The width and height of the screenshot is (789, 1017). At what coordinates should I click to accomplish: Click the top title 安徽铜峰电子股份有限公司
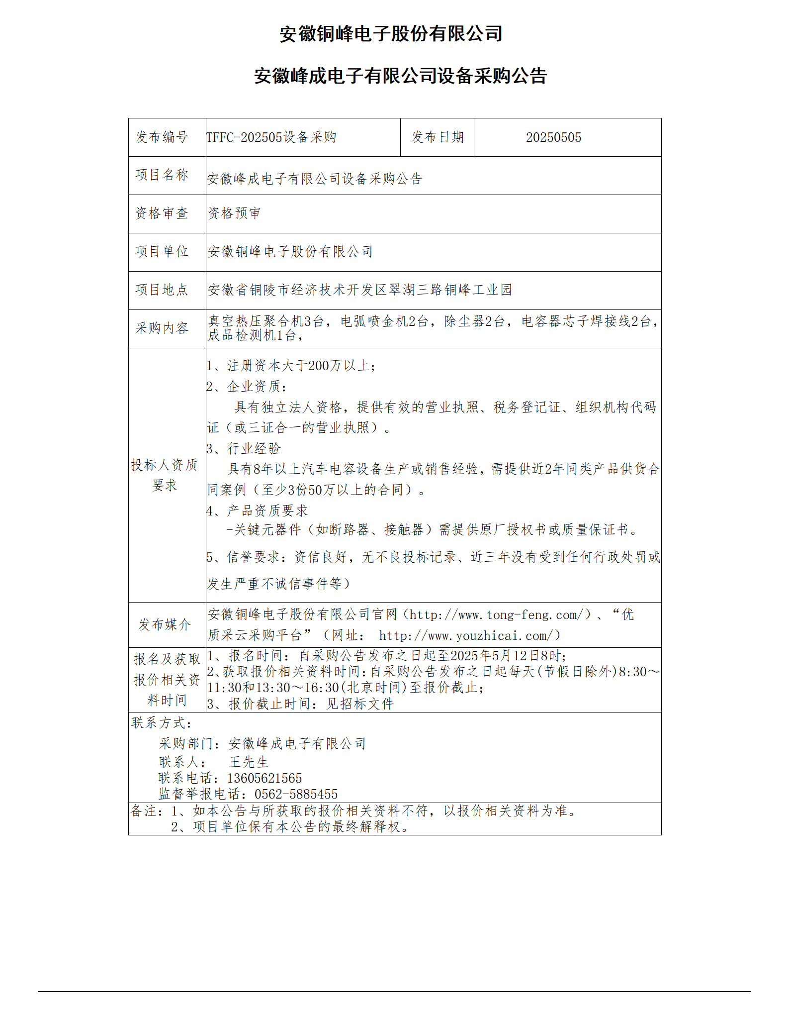391,34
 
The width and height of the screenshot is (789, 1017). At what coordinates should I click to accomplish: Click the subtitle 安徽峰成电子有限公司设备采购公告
400,76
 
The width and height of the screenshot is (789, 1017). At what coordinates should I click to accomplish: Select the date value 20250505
553,137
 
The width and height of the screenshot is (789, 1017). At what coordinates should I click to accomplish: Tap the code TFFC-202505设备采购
271,137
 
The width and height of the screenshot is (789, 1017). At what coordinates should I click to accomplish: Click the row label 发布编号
162,137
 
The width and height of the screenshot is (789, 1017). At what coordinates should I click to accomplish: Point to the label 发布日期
437,137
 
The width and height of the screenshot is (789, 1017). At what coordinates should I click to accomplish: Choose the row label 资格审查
162,213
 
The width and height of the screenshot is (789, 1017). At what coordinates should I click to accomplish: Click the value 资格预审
234,213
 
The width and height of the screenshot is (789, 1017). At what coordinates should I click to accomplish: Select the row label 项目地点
162,290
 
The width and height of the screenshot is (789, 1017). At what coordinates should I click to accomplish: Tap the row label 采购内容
162,328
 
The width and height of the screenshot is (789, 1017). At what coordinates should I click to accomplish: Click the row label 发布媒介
165,624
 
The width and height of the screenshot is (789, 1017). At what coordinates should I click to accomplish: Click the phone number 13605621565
264,778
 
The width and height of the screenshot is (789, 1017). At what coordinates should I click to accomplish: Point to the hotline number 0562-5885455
296,794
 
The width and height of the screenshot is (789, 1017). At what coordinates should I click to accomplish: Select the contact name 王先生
249,762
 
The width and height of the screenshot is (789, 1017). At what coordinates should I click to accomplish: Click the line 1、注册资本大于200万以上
291,366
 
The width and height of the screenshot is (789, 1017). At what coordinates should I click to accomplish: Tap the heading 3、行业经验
244,449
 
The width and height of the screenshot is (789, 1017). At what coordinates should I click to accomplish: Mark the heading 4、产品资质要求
257,510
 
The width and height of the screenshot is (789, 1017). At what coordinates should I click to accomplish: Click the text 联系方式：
162,723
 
